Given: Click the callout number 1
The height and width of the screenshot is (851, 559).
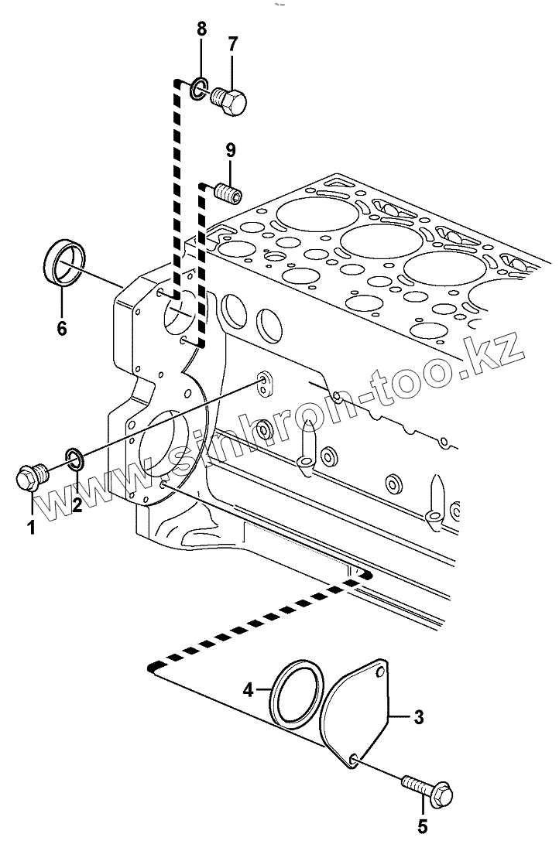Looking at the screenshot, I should (x=32, y=528).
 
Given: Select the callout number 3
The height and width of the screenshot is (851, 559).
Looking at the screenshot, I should (x=418, y=717).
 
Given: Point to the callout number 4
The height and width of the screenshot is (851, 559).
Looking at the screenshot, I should (x=247, y=688).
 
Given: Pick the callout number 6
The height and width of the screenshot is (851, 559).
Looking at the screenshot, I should (x=62, y=328).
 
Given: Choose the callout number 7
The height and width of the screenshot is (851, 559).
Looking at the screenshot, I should (x=231, y=44).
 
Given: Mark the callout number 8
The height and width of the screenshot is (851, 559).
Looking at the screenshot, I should (x=201, y=31).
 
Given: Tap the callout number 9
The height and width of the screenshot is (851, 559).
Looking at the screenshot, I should (x=231, y=150).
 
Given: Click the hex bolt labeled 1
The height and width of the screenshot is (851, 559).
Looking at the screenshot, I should (x=31, y=473).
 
